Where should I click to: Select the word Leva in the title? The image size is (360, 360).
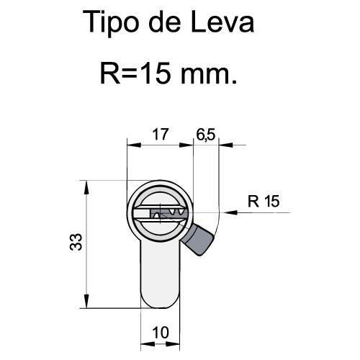pos(222,22)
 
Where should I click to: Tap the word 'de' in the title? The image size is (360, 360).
pos(165,22)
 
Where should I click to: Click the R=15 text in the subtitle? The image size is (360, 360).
pos(135,73)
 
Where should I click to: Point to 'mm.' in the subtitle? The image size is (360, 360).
pos(209,75)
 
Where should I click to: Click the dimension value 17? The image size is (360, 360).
pos(160,134)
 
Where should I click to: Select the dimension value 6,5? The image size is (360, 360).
pos(206,135)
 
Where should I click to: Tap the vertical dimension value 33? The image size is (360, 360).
pos(76,242)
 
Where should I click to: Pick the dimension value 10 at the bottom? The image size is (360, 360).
pos(161,333)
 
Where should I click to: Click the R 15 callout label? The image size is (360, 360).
pos(264,201)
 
